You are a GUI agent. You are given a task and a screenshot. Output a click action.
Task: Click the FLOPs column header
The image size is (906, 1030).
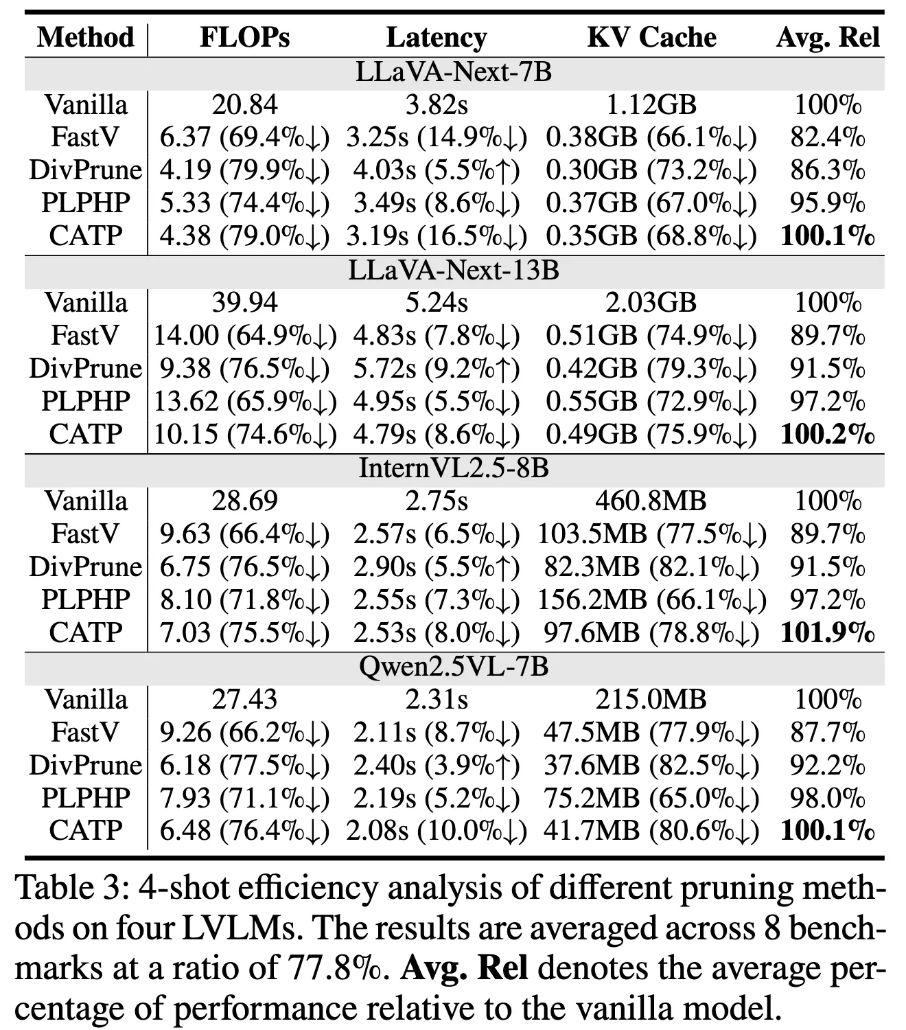click(244, 37)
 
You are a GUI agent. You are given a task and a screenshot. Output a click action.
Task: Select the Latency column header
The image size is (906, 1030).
click(437, 37)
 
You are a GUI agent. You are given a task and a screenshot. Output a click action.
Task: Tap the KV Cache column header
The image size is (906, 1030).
click(651, 37)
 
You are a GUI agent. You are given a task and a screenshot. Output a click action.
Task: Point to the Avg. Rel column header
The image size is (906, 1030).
click(828, 37)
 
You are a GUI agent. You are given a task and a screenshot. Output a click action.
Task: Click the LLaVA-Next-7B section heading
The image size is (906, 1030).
click(454, 72)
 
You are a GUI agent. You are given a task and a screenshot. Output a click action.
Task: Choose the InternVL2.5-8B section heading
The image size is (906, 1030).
click(454, 468)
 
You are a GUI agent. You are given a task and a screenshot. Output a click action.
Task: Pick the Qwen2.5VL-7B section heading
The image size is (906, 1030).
click(454, 667)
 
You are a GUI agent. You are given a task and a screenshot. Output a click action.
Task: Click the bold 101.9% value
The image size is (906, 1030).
click(828, 632)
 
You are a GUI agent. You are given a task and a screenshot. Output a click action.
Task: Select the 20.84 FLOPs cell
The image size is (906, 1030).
click(244, 104)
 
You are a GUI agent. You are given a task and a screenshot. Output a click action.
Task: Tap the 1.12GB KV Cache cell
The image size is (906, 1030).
click(651, 104)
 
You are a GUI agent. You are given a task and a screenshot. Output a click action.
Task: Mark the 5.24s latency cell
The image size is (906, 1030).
click(437, 303)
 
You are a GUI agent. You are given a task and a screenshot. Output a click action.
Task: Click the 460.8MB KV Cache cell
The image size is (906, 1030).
click(651, 501)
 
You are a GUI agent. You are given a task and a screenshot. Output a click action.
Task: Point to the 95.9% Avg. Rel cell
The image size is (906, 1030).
click(828, 203)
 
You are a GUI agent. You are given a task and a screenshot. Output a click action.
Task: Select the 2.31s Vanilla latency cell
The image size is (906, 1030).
click(437, 700)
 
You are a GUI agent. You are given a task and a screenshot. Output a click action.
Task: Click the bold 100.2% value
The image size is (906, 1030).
click(828, 435)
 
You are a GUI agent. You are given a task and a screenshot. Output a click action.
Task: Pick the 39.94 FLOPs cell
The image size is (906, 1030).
click(244, 303)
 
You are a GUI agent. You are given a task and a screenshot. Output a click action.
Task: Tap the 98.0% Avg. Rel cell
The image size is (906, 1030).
click(828, 798)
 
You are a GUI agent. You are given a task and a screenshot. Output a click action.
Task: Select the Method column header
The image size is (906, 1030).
click(85, 37)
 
